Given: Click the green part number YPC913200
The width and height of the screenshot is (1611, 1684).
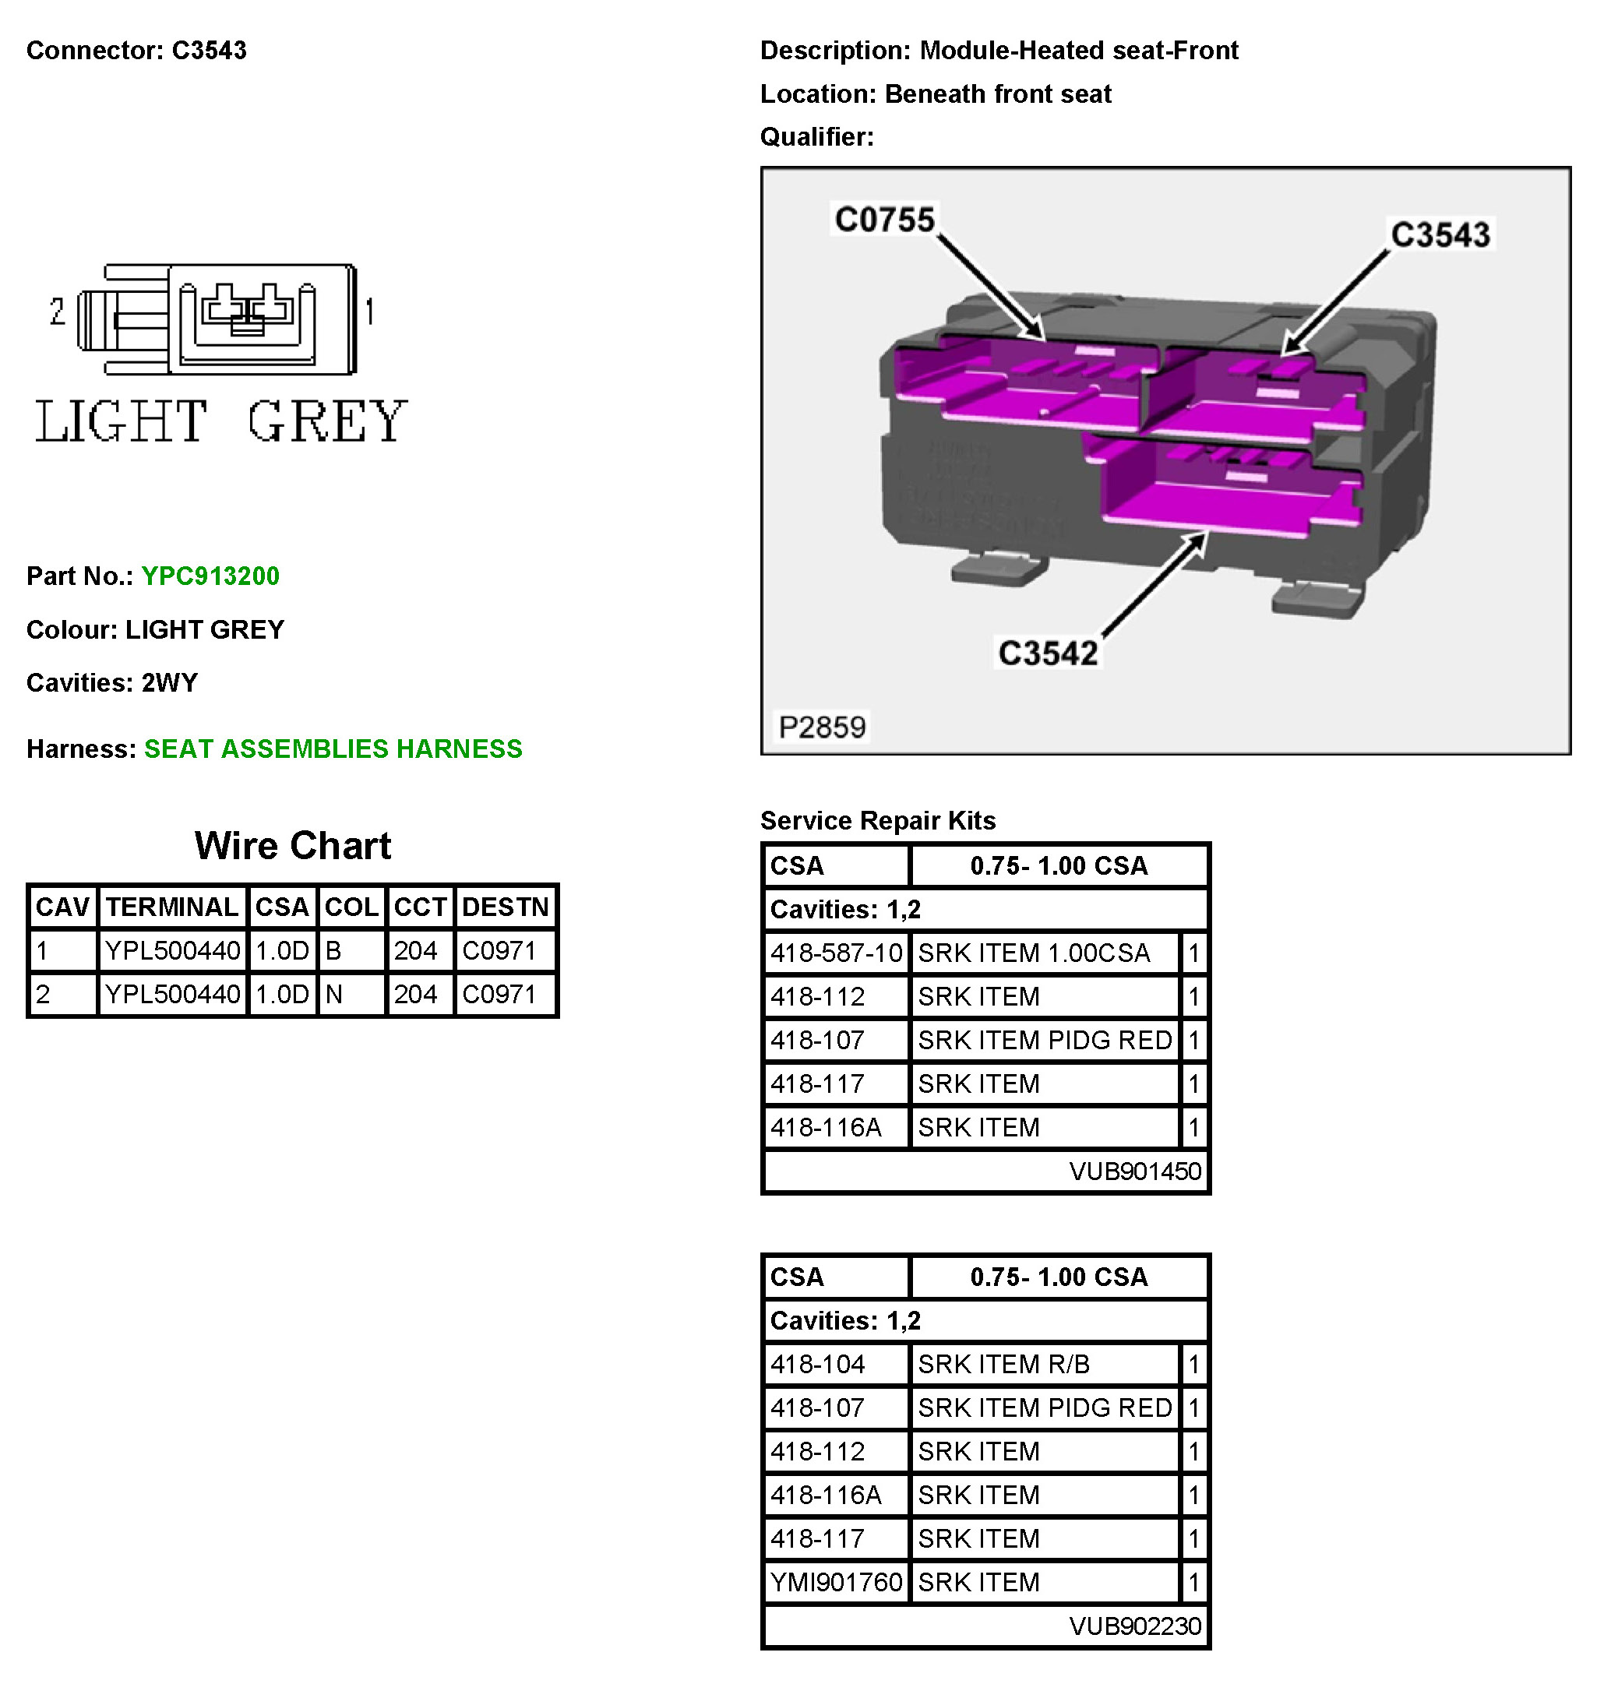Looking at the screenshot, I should [x=210, y=576].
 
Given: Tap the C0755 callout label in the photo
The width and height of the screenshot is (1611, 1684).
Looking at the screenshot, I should [x=883, y=219].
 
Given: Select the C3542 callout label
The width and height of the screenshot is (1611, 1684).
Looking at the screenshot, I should [x=1048, y=653].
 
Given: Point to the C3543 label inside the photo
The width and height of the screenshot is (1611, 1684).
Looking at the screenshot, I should [x=1440, y=234].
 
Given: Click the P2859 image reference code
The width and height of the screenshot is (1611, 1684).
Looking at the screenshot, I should [x=822, y=727].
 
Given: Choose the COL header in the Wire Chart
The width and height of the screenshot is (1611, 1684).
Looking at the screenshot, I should [x=351, y=907].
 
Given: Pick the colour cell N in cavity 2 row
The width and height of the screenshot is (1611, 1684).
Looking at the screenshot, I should [x=334, y=995].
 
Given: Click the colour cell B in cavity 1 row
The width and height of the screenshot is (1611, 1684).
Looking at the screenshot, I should [x=334, y=950].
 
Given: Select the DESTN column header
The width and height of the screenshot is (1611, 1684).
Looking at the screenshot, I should [x=505, y=907].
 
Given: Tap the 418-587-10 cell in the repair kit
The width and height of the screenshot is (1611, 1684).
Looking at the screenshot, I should [x=836, y=953].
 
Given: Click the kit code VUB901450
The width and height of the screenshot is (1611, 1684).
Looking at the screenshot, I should [x=1134, y=1171].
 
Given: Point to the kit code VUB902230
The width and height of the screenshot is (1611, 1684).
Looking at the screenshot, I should [x=1134, y=1626].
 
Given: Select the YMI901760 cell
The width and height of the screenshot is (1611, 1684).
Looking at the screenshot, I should [x=836, y=1582].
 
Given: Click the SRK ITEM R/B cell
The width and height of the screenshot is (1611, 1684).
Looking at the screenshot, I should [x=1003, y=1364].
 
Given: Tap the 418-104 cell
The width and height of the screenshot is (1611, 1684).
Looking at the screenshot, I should [x=817, y=1364].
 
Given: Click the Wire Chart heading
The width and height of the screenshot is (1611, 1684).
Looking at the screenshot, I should [x=293, y=846].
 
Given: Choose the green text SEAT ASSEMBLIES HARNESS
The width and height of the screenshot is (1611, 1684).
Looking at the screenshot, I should [x=333, y=749].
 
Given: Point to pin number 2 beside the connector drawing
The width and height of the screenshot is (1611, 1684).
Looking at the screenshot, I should [x=58, y=311].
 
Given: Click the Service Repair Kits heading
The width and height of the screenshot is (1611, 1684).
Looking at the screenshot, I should [x=878, y=820].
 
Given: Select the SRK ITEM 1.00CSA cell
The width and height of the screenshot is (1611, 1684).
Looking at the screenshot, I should [x=1033, y=953].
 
